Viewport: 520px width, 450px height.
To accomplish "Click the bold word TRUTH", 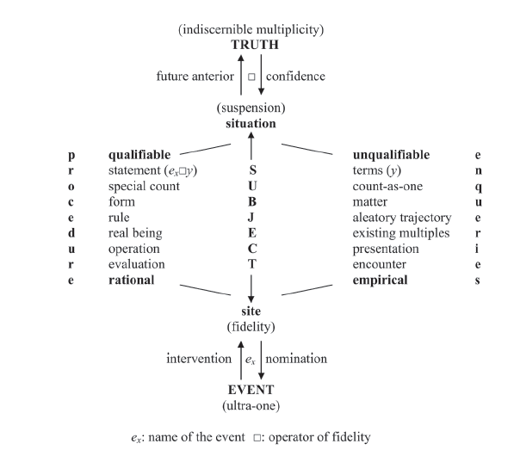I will coord(251,44).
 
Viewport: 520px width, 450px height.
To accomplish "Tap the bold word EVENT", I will coord(251,388).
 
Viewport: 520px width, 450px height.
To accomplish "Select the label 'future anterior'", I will coord(195,77).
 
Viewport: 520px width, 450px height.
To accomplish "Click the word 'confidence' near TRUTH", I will coord(295,77).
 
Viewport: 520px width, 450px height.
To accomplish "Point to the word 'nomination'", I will coord(298,357).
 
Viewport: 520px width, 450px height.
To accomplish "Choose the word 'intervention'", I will coord(198,357).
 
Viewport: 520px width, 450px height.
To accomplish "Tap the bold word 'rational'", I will coord(131,280).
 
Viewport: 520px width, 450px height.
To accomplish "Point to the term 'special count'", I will coord(144,186).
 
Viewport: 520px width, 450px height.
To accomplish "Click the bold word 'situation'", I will coord(251,124).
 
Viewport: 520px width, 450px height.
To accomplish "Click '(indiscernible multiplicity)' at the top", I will coord(251,29).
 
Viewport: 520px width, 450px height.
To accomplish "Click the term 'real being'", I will coord(135,233).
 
